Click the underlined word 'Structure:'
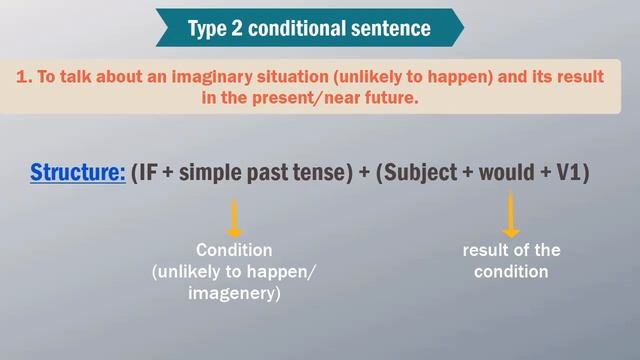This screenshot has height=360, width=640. (x=78, y=172)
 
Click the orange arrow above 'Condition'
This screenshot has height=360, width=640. (x=235, y=218)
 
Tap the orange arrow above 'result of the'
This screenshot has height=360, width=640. (x=511, y=214)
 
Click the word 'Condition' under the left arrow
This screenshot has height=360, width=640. (x=234, y=250)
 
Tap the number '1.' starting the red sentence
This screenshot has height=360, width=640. (x=26, y=77)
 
